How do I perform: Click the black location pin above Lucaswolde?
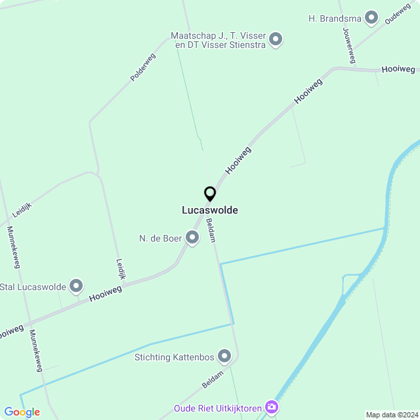click(x=210, y=194)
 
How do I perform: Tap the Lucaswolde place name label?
click(x=210, y=211)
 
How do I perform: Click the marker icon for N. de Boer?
click(x=192, y=238)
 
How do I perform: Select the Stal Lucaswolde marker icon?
click(x=77, y=286)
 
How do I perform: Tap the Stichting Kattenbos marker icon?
click(x=225, y=357)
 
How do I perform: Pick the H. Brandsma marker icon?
click(x=371, y=18)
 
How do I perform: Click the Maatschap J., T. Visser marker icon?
click(x=276, y=40)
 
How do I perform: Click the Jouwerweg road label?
click(x=348, y=46)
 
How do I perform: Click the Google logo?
click(x=22, y=412)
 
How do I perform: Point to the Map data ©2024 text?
click(x=391, y=415)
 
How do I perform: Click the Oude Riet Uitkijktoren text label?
click(x=218, y=408)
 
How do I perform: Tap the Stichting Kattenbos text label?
click(x=174, y=357)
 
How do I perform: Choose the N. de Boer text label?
click(x=160, y=238)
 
